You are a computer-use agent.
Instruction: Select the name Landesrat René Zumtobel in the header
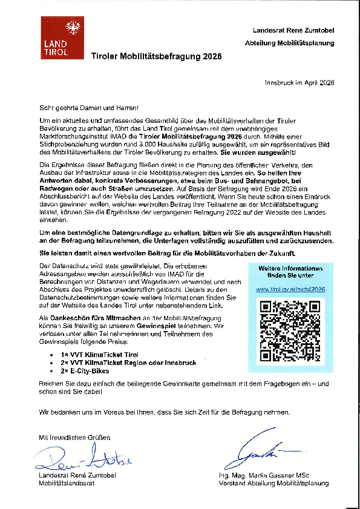pyautogui.click(x=293, y=30)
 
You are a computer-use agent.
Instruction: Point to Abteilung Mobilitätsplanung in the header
pyautogui.click(x=289, y=44)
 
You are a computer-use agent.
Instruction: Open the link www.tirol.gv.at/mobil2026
pyautogui.click(x=290, y=289)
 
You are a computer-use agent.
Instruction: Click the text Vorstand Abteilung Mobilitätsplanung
pyautogui.click(x=275, y=484)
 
